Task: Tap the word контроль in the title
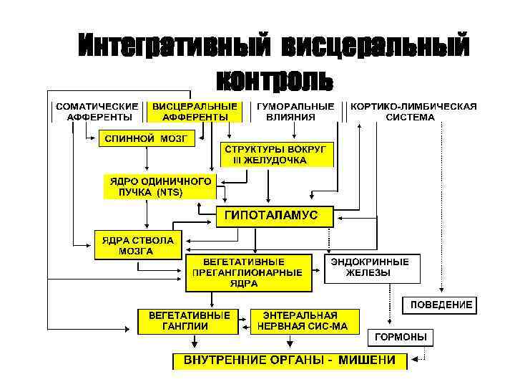coord(275,79)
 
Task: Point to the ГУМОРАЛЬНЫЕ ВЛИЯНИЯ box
coord(295,112)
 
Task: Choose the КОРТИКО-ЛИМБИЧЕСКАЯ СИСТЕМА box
coord(414,112)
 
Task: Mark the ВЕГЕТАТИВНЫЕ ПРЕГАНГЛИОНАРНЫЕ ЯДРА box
coord(249,272)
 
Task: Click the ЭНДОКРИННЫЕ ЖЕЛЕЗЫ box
coord(373,267)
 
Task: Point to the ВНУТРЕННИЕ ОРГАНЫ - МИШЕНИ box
coord(290,360)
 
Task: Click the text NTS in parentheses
coord(170,193)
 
